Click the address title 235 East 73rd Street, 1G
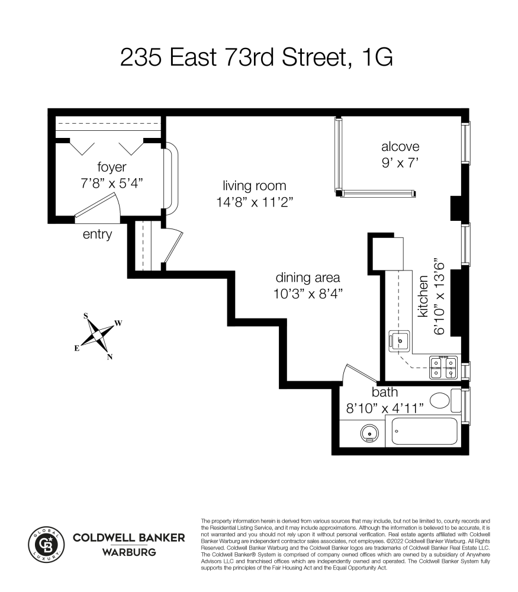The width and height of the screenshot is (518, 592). pos(256,57)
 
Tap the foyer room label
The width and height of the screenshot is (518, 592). pos(112,167)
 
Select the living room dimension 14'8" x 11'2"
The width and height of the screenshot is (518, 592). pos(255,202)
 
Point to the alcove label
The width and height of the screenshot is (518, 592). pos(400,146)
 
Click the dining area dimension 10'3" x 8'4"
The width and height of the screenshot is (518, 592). pos(308,294)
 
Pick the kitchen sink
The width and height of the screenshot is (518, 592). pos(400,341)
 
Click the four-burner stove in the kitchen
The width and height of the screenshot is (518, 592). pos(443,368)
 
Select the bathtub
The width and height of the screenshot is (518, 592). pos(424,431)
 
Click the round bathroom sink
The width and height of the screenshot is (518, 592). pos(370,433)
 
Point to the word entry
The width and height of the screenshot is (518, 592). pos(98,234)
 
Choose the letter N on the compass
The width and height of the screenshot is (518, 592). pos(110,357)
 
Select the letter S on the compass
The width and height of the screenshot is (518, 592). pos(86,316)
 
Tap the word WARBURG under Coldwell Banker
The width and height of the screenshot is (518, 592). pos(129,552)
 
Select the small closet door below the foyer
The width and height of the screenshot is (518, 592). pos(172,247)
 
